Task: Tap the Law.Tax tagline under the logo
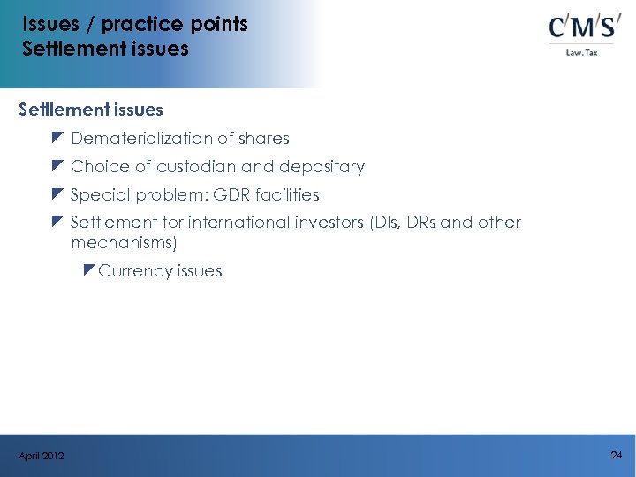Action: tap(582, 52)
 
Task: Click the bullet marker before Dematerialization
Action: tap(57, 138)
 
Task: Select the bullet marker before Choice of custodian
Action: tap(57, 166)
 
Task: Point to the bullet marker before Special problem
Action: tap(57, 194)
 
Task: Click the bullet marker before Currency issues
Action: tap(88, 269)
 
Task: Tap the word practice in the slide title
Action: tap(132, 23)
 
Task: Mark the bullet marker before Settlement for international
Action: tap(57, 222)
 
